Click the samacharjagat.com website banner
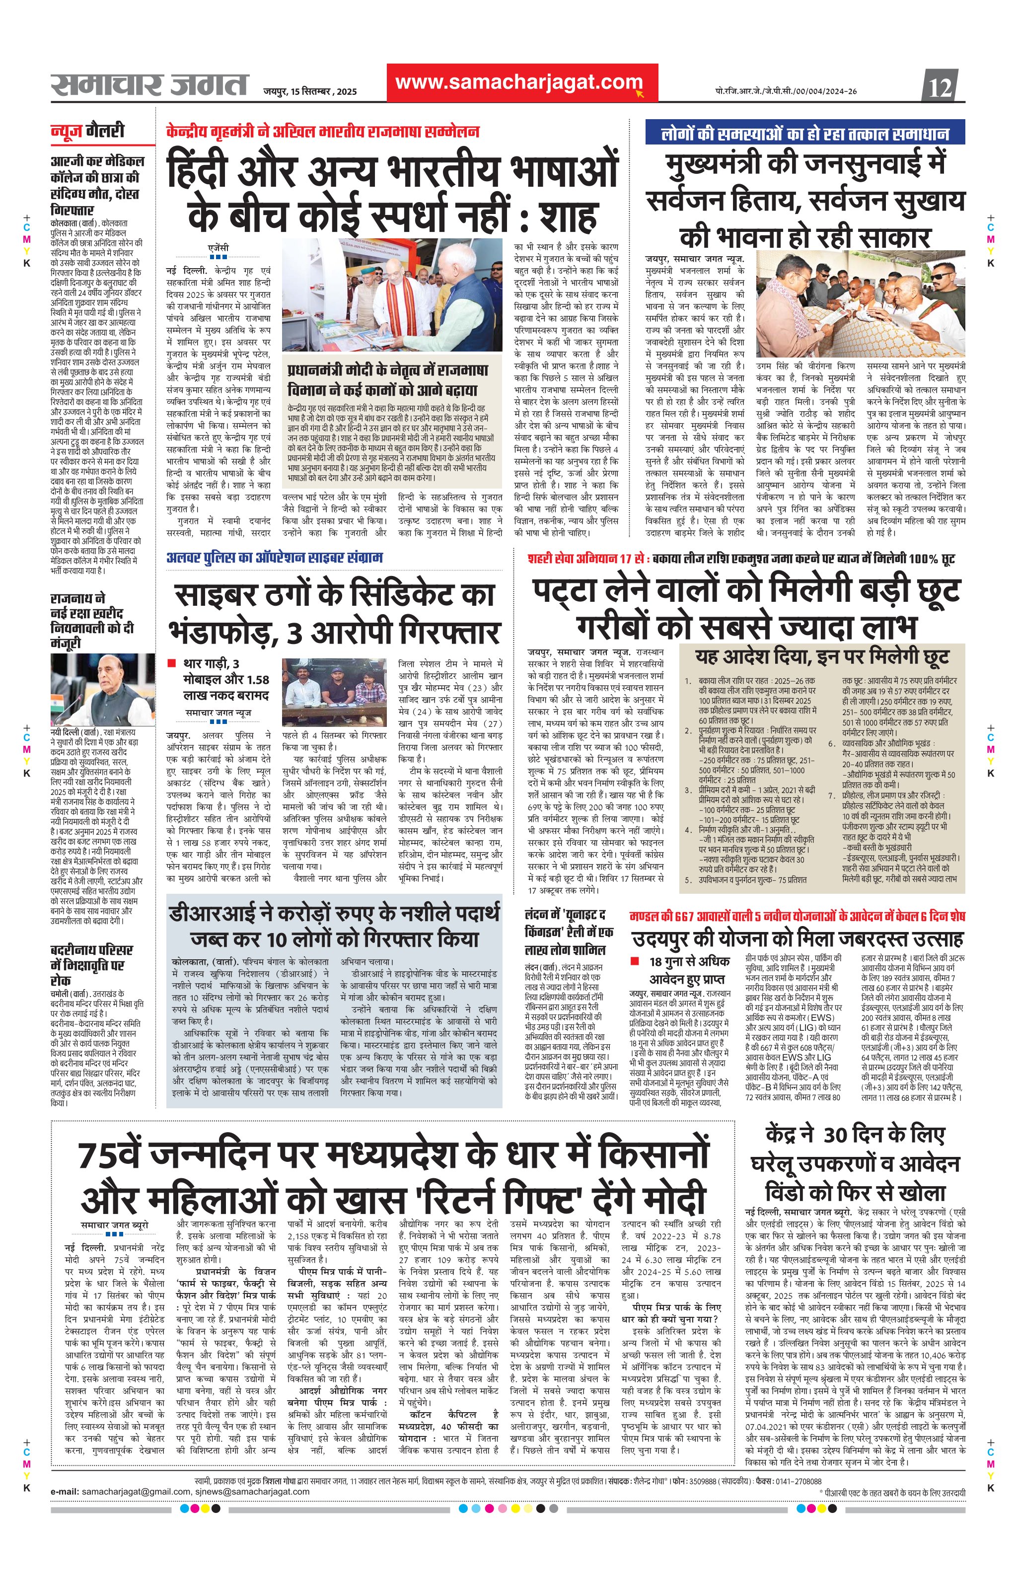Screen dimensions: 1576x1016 (522, 82)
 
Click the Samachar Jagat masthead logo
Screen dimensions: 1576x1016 (150, 84)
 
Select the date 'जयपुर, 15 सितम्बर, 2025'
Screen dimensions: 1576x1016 (310, 92)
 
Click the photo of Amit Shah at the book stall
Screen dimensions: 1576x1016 (394, 295)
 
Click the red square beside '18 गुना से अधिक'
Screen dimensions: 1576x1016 (635, 961)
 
